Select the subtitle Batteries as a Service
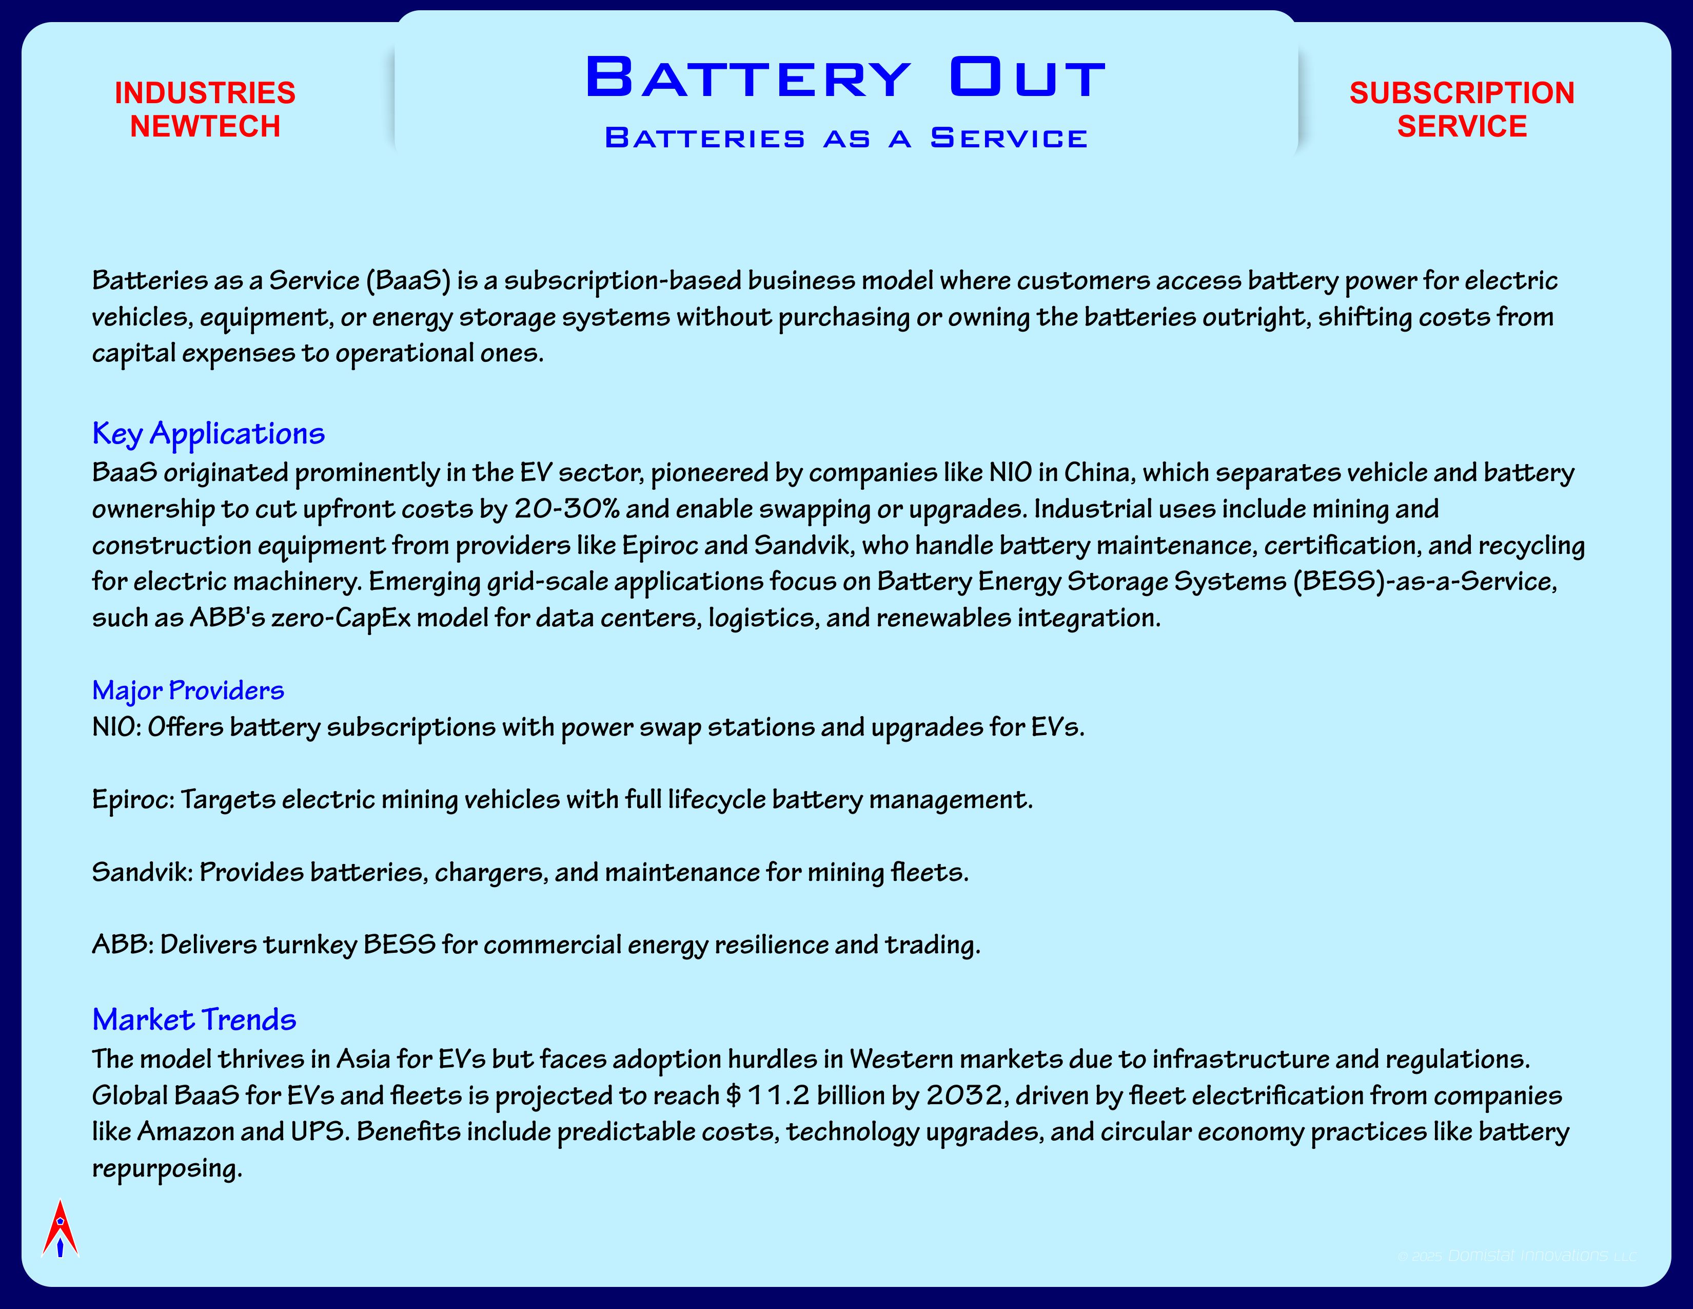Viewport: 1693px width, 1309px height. [845, 138]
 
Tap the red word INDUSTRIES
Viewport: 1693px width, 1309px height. [205, 93]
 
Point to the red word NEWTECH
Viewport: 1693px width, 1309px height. [205, 126]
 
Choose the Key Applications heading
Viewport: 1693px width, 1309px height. [208, 433]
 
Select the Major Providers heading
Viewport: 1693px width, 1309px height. [188, 690]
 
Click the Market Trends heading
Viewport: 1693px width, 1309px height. [194, 1020]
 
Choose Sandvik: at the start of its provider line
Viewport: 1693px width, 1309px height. [142, 872]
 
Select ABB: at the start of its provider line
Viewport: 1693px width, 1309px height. [123, 945]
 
